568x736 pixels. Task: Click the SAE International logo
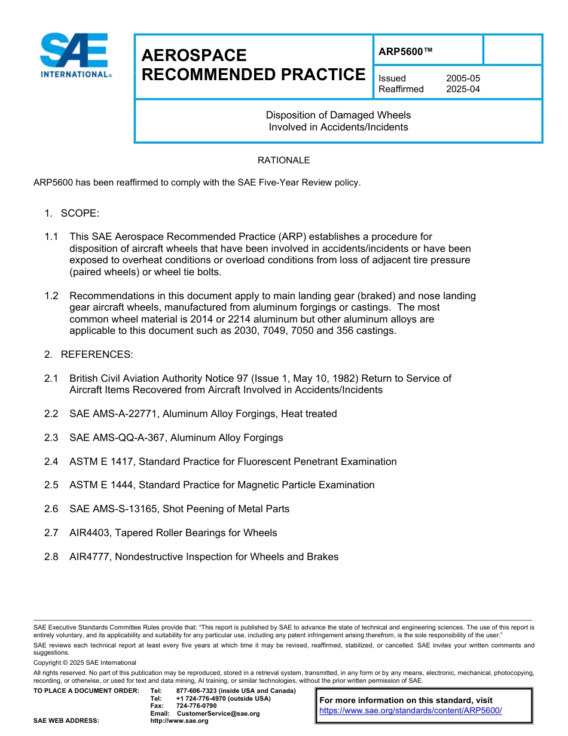75,56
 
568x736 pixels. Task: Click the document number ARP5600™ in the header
405,51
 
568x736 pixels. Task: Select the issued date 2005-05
463,78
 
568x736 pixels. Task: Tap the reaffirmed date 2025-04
463,89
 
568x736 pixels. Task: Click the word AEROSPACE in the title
194,56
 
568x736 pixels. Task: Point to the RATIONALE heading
283,160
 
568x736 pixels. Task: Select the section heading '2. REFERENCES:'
88,354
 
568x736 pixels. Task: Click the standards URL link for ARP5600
410,710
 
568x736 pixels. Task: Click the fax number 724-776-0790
196,706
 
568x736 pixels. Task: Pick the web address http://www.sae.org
179,720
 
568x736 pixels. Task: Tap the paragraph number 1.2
51,296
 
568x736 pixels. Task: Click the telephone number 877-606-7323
197,691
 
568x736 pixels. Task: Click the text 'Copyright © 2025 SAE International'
85,662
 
